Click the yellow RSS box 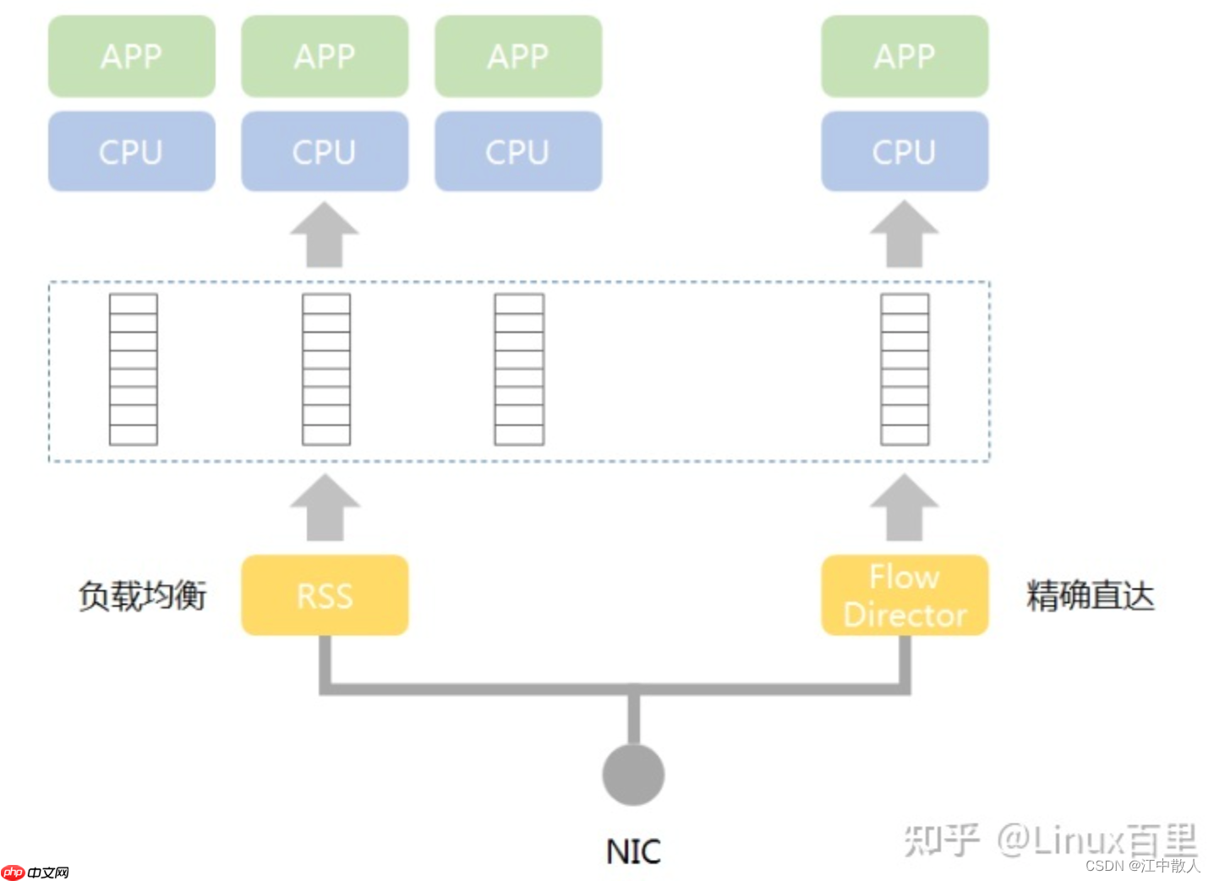[325, 595]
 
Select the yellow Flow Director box [905, 595]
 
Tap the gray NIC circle [633, 774]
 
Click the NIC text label [633, 851]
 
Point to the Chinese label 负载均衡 [142, 595]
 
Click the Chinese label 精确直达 [1090, 595]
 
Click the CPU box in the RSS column [325, 151]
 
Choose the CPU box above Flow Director [905, 151]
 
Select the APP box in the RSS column [325, 56]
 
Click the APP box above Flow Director [905, 56]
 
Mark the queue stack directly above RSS [326, 369]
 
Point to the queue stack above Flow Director [905, 369]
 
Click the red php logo [13, 872]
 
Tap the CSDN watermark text [1104, 866]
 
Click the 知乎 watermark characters [941, 840]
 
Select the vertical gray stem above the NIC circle [633, 719]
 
